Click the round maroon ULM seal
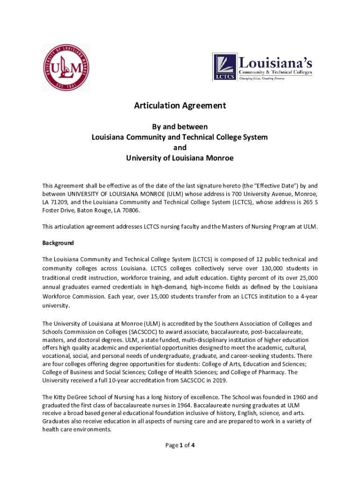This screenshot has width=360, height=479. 66,67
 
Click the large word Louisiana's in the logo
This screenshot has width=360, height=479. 275,62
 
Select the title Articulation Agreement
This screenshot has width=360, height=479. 180,106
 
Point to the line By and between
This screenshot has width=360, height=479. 180,127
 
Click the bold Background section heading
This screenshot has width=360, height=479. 58,243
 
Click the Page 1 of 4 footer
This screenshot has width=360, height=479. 180,445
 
